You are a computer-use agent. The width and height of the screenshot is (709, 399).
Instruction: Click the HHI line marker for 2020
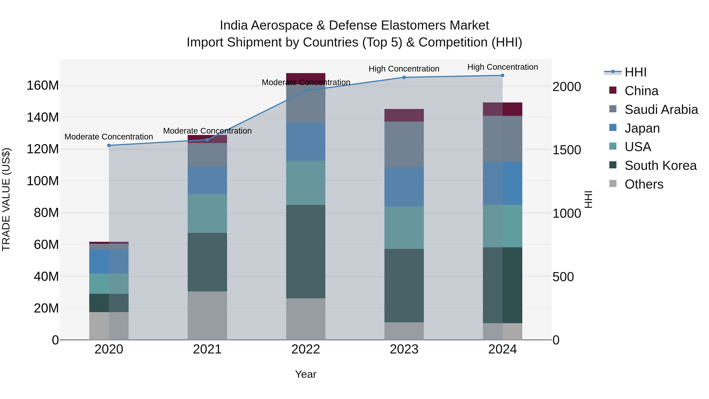109,145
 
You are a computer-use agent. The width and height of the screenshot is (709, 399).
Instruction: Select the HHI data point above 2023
404,77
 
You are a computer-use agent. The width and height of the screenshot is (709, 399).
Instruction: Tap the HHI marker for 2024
503,75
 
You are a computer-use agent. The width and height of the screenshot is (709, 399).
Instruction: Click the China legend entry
641,91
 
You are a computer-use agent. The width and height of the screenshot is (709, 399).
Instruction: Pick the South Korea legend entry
660,166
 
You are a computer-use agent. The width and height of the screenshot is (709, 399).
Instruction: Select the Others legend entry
644,184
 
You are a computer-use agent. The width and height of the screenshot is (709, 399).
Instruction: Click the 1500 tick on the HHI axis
567,150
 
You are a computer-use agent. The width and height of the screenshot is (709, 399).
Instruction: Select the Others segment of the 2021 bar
207,316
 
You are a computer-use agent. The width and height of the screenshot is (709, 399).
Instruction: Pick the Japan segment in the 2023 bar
404,187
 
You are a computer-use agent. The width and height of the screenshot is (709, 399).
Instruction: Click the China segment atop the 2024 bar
503,109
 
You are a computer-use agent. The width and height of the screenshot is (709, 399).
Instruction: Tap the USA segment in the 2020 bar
109,284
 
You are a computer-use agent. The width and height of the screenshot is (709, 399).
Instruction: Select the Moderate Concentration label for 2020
109,137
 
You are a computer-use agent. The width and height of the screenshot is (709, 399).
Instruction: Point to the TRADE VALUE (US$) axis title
6,199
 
